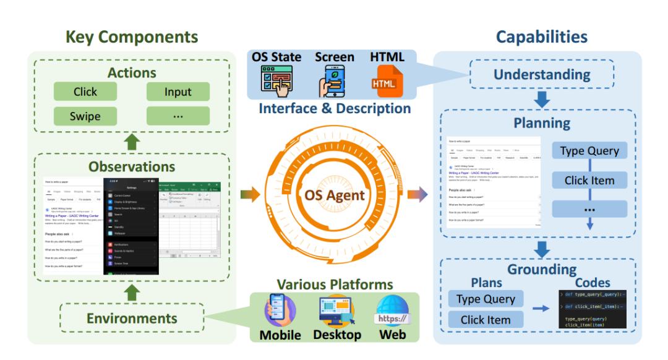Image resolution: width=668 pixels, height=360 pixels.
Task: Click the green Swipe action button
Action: (85, 116)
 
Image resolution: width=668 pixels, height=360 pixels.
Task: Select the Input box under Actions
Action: (178, 92)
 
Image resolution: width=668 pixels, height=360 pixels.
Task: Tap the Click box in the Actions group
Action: (85, 92)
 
